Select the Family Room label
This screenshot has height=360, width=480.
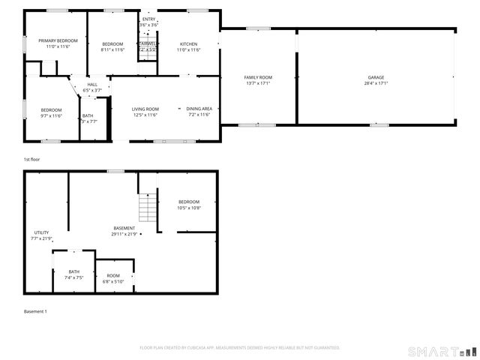pyautogui.click(x=258, y=77)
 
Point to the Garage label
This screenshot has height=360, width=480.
pyautogui.click(x=376, y=77)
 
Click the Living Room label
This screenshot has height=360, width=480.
pyautogui.click(x=145, y=109)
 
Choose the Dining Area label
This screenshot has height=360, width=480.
pyautogui.click(x=199, y=109)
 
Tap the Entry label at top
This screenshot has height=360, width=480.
pyautogui.click(x=148, y=19)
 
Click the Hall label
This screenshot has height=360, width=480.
pyautogui.click(x=92, y=85)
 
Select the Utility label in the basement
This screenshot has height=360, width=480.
pyautogui.click(x=40, y=232)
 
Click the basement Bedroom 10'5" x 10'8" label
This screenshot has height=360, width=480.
pyautogui.click(x=189, y=202)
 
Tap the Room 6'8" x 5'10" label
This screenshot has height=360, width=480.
pyautogui.click(x=113, y=275)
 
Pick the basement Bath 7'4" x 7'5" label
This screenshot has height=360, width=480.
pyautogui.click(x=73, y=271)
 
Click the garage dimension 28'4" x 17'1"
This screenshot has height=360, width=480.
pyautogui.click(x=376, y=83)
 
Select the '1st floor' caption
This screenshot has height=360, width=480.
pyautogui.click(x=31, y=160)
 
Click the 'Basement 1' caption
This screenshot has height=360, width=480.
pyautogui.click(x=35, y=311)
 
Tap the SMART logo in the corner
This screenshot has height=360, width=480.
pyautogui.click(x=441, y=351)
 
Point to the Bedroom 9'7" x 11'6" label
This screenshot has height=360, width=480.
pyautogui.click(x=51, y=110)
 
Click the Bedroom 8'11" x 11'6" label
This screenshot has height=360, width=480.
pyautogui.click(x=112, y=44)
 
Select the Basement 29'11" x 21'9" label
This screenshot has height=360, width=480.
pyautogui.click(x=124, y=228)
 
